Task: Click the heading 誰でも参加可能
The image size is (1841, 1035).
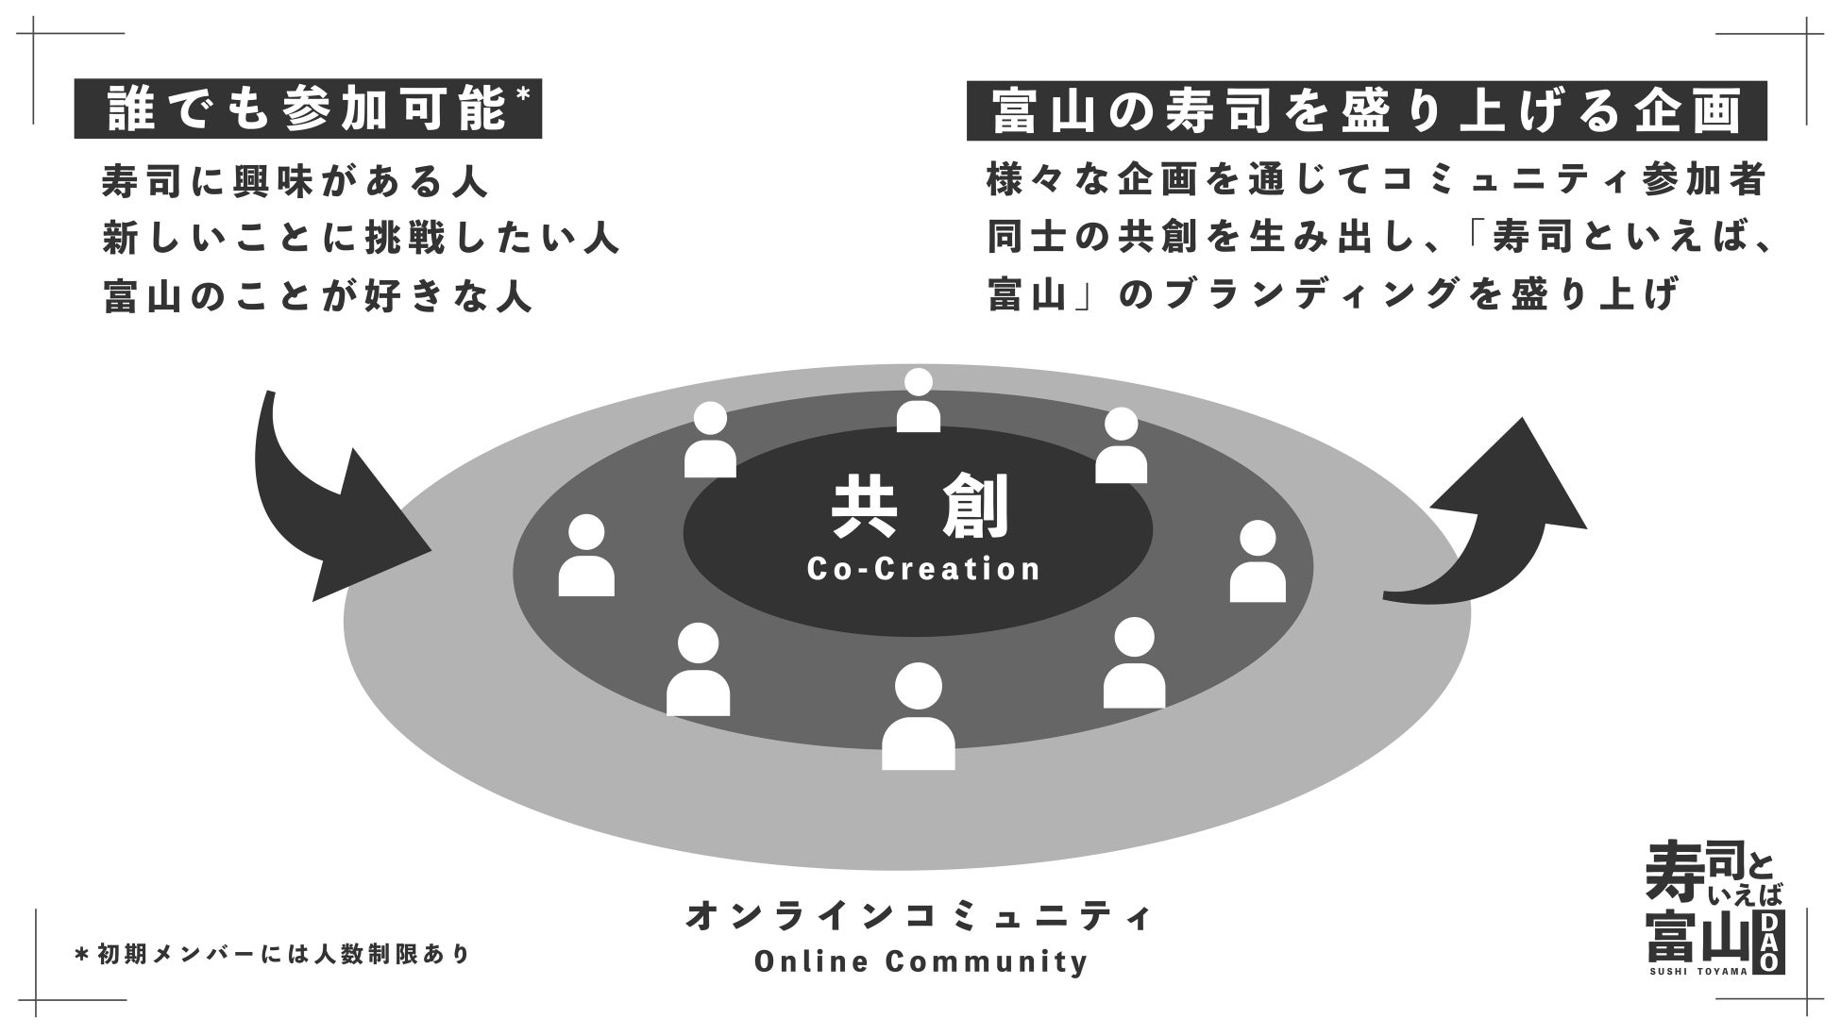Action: [x=307, y=109]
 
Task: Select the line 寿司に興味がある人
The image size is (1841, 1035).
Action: [x=296, y=182]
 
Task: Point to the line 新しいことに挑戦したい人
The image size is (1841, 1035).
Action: [x=361, y=240]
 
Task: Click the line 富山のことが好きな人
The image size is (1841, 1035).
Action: [x=318, y=296]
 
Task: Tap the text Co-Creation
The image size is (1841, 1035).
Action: [x=923, y=569]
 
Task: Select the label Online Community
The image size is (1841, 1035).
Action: [x=920, y=962]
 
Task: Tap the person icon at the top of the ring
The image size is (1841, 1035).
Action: [x=918, y=402]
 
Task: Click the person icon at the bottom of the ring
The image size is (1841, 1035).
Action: [x=918, y=717]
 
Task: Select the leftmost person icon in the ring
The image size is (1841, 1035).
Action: [x=586, y=556]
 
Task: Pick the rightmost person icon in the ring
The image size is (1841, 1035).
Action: [x=1258, y=562]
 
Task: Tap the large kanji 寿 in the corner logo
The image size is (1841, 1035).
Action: [x=1672, y=874]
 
